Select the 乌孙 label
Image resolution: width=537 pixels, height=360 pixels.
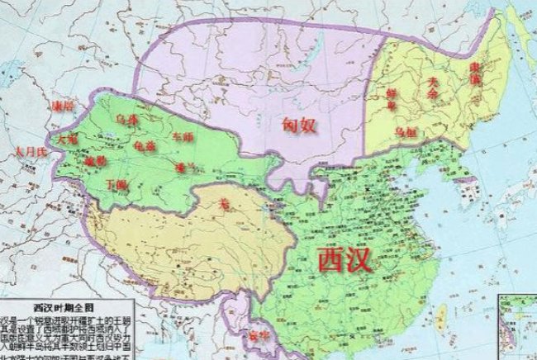click(x=126, y=121)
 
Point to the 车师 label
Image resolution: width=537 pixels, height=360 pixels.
click(x=182, y=134)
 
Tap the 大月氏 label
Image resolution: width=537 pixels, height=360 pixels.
click(x=26, y=152)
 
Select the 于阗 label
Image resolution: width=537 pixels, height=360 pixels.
click(x=119, y=185)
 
